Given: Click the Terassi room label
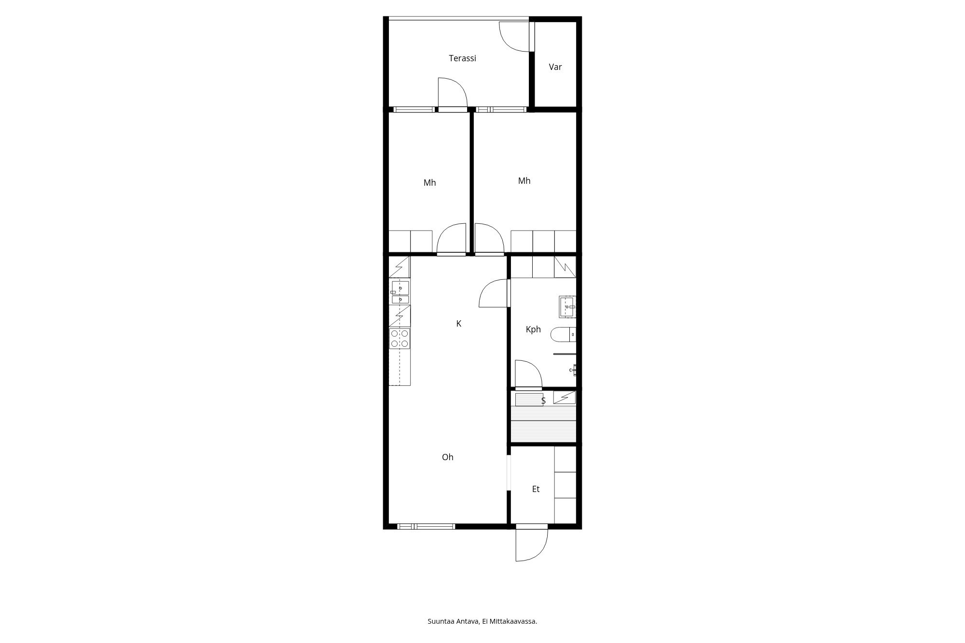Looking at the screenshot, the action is click(x=462, y=58).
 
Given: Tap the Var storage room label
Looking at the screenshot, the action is click(x=555, y=67).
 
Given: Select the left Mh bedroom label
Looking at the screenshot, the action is click(x=429, y=183).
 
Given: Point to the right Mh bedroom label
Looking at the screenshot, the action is click(x=524, y=181).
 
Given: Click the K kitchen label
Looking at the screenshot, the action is click(x=459, y=324).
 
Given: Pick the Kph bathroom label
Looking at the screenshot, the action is click(x=533, y=329).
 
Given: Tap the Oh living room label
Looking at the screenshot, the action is click(x=448, y=457).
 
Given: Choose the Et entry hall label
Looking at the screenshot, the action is click(x=536, y=489).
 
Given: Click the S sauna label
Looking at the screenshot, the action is click(x=543, y=401).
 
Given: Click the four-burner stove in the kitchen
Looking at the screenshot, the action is click(x=400, y=338).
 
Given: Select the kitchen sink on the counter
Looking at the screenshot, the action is click(x=400, y=292).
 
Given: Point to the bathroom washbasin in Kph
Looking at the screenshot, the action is click(x=567, y=307).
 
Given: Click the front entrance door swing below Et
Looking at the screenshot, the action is click(x=531, y=544).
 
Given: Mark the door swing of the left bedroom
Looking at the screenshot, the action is click(x=452, y=238).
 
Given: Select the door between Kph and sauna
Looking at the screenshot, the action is click(x=528, y=374).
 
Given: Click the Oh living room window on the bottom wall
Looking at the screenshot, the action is click(x=426, y=526).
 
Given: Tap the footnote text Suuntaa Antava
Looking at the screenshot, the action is click(x=454, y=621).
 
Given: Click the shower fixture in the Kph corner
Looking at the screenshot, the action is click(x=573, y=370).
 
